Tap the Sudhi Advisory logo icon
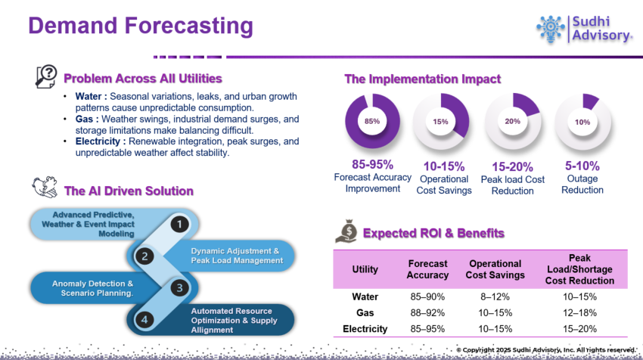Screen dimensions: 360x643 551,28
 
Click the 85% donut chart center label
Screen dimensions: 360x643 371,121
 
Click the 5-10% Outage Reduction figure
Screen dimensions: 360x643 582,166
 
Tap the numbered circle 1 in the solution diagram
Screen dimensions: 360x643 179,224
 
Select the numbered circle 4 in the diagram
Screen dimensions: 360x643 144,319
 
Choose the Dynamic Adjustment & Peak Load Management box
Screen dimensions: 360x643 235,256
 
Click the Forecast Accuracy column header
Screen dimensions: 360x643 427,269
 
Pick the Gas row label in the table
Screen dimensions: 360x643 365,312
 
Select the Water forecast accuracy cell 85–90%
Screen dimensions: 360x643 427,296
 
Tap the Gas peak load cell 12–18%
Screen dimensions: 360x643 579,312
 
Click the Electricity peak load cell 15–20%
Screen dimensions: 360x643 579,329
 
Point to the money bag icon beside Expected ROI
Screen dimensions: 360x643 348,231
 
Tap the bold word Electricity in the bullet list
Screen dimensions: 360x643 101,141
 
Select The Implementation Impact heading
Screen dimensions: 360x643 422,79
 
